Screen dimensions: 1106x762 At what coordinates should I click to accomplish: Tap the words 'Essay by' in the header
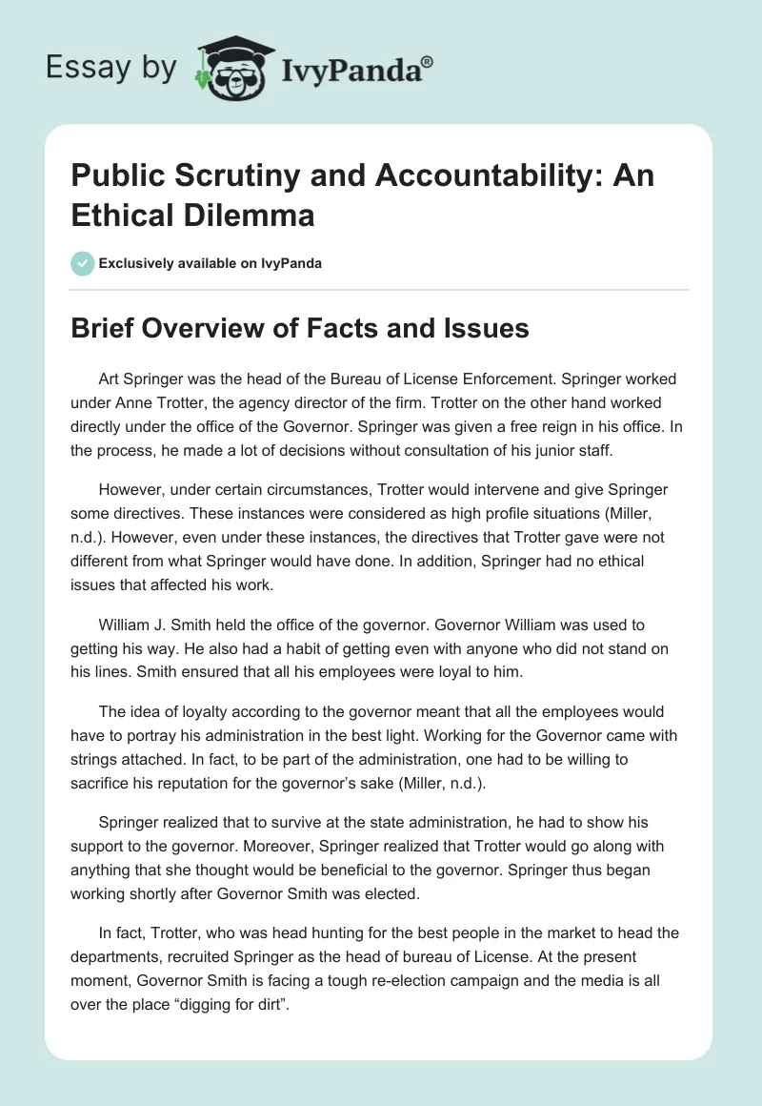(x=112, y=68)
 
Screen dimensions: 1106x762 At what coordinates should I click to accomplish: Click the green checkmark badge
(x=82, y=263)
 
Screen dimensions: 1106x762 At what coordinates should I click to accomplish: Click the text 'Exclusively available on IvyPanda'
(x=210, y=263)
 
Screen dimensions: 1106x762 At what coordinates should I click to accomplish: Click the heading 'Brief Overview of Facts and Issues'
(x=300, y=328)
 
